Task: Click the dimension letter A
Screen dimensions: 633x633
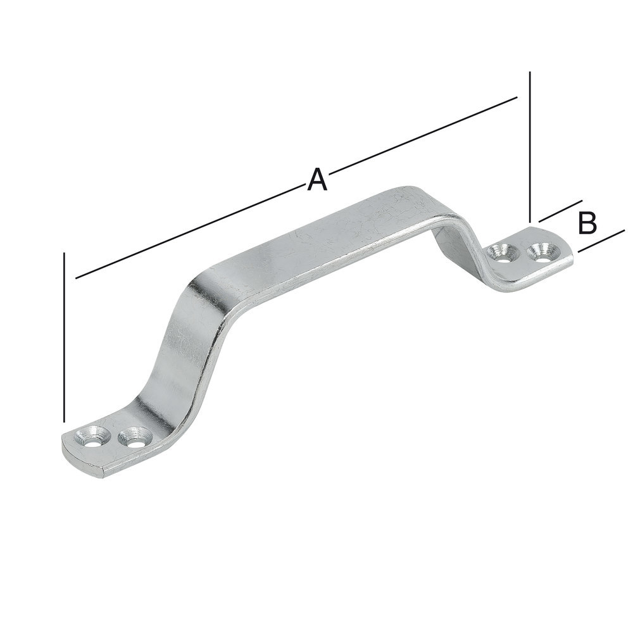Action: pos(316,180)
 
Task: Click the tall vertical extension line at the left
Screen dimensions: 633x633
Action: pos(64,337)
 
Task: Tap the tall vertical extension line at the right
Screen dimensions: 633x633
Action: pos(530,147)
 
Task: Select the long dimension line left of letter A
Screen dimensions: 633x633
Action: pos(191,231)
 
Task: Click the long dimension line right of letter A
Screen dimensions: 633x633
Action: pos(423,134)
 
